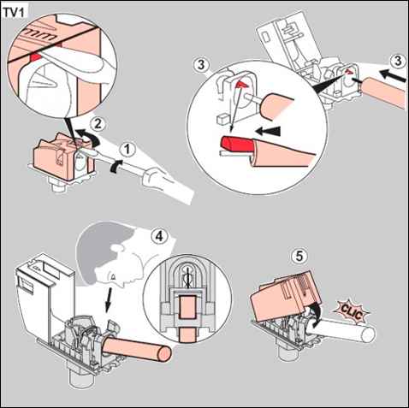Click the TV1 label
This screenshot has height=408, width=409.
14,13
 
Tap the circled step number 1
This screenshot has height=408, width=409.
127,150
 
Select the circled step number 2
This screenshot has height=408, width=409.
98,124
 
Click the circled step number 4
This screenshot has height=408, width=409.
159,236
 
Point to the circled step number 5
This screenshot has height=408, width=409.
299,256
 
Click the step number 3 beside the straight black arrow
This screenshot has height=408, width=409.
398,61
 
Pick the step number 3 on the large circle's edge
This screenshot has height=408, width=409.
201,65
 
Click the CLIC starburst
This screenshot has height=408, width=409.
352,312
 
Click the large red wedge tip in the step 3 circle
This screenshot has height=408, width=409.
236,143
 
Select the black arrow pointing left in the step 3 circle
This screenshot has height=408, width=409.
269,132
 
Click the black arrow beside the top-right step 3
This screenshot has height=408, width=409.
393,75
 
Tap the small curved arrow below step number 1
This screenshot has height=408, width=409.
116,166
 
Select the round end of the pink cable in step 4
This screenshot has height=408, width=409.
164,353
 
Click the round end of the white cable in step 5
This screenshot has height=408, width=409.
369,334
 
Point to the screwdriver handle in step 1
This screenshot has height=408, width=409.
169,186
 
